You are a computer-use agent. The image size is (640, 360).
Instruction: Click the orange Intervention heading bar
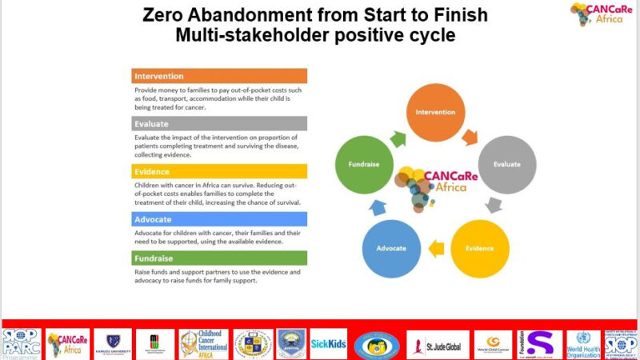(219, 76)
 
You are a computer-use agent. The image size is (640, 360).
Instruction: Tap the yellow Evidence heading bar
(219, 171)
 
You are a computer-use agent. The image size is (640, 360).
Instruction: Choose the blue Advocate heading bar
(219, 218)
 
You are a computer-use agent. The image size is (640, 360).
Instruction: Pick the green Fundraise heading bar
(219, 258)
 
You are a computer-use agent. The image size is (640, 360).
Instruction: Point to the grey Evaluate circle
(506, 164)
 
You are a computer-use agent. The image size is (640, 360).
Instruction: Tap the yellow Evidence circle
(480, 248)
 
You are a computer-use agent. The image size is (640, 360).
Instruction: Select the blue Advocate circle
(392, 248)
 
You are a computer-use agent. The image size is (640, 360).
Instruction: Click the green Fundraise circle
(365, 164)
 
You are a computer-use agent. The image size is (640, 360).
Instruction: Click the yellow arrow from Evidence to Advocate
(436, 249)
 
